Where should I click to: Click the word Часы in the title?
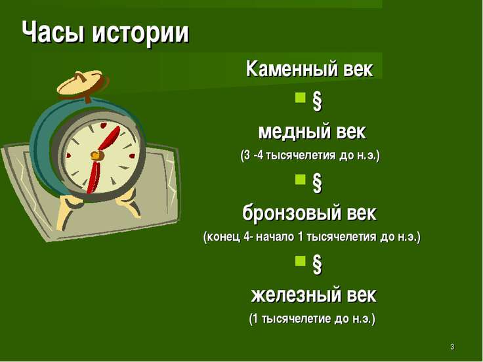click(53, 32)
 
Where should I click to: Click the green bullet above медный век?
click(300, 97)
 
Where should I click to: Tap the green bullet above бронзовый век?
click(300, 179)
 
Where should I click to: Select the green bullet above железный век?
click(300, 261)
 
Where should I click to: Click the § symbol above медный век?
click(317, 101)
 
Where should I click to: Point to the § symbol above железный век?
click(317, 264)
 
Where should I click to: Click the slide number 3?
click(452, 347)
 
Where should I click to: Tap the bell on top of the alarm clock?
click(81, 83)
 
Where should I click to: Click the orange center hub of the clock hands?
click(96, 155)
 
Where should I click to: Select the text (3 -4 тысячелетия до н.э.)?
click(310, 155)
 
